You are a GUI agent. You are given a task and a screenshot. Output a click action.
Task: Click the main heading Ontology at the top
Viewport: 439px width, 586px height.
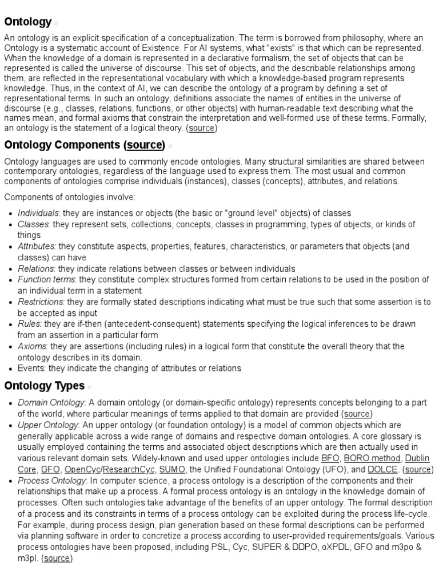pos(27,22)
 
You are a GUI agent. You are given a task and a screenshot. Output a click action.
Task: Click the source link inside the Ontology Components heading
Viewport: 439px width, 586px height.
pos(145,144)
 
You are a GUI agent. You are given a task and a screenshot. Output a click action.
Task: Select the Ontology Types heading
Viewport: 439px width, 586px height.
pos(44,385)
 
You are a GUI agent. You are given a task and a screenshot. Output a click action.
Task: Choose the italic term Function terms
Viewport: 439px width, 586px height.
pos(46,279)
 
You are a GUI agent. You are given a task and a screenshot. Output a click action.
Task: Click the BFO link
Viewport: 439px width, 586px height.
pos(330,458)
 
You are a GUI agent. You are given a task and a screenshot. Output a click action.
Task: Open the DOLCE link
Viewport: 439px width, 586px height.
pos(382,469)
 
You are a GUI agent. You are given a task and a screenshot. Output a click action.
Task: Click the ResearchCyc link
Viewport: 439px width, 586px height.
pos(129,469)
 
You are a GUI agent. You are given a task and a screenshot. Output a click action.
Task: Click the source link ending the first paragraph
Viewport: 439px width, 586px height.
pos(201,128)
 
